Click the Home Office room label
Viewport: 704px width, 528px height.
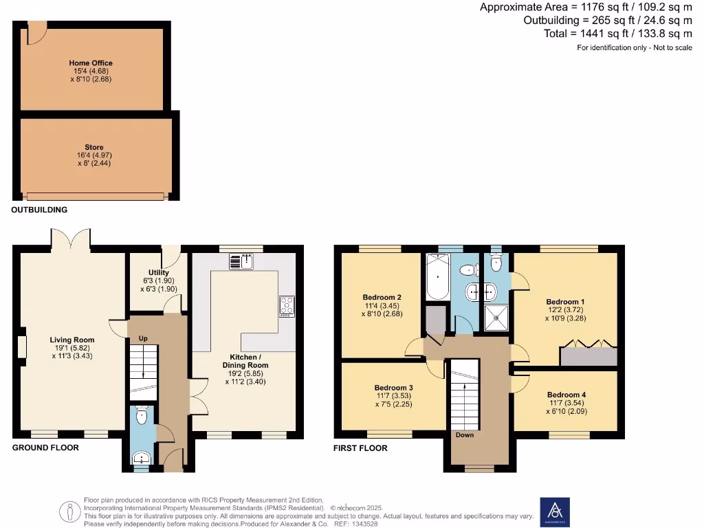(91, 63)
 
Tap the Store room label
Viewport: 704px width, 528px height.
(94, 148)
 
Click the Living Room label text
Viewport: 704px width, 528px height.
(71, 340)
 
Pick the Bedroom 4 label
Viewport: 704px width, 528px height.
(566, 395)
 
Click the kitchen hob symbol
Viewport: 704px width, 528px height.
(286, 305)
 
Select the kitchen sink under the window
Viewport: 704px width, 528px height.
(241, 261)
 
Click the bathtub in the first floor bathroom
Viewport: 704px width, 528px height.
(437, 277)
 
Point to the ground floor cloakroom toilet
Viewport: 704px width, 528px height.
(142, 415)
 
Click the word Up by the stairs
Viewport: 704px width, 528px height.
(143, 339)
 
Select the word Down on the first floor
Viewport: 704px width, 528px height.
(465, 434)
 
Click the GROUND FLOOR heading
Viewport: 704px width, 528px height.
(45, 448)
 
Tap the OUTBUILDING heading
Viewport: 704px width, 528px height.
(39, 210)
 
